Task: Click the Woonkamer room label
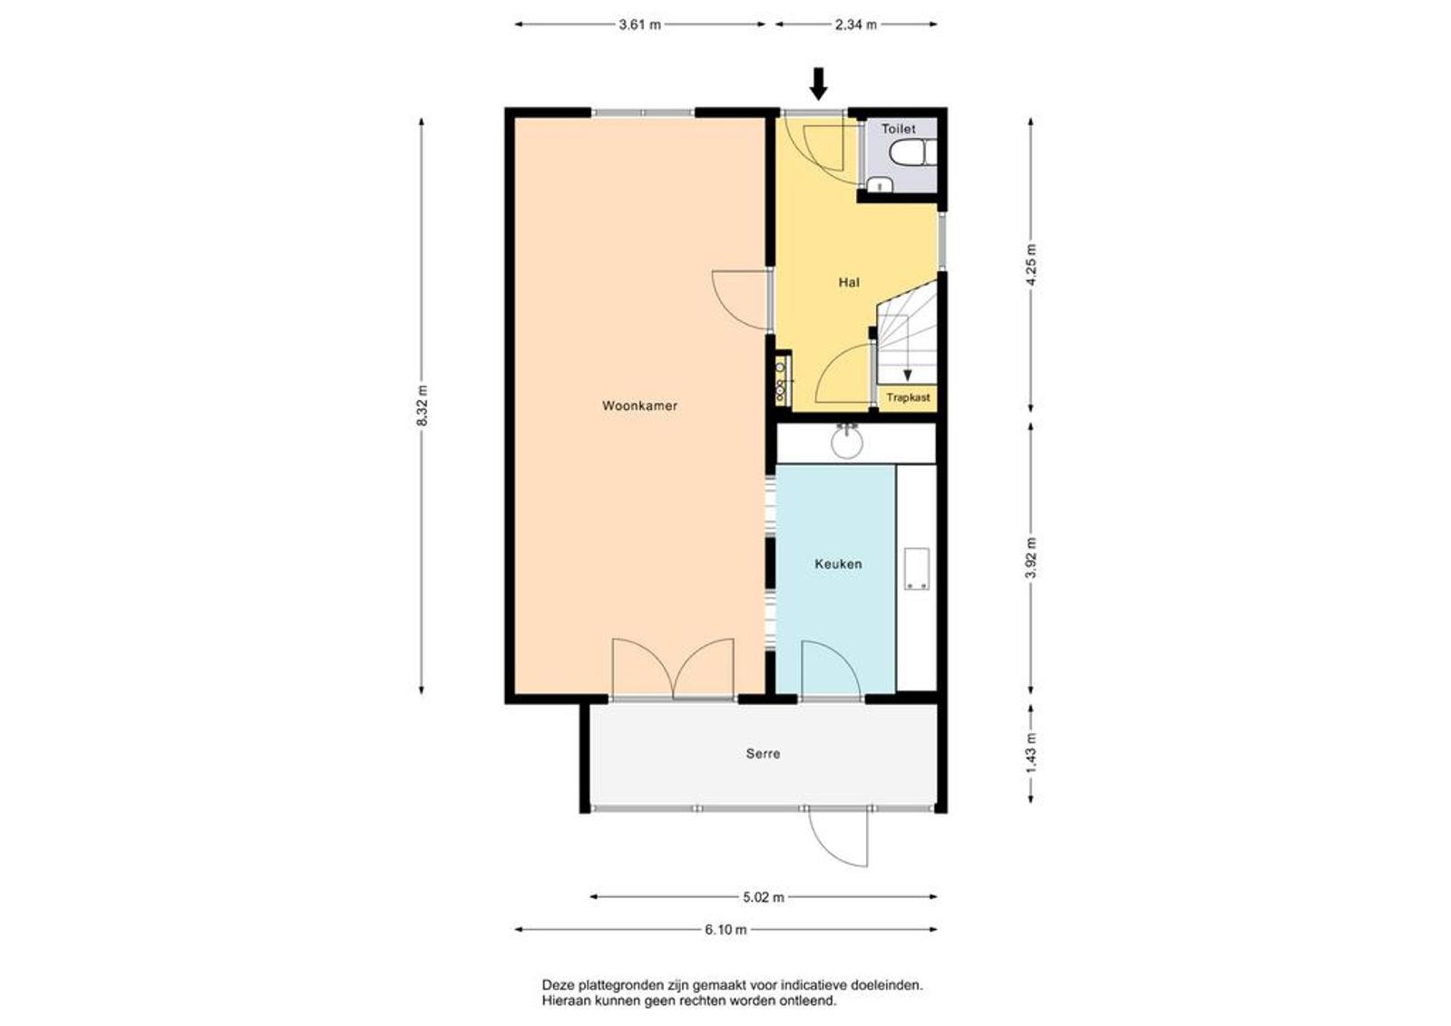pos(639,406)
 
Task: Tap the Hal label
pos(849,283)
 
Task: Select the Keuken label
pos(838,564)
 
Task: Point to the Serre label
pos(763,754)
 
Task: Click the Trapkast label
pos(908,397)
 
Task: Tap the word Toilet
pos(899,129)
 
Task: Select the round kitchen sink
pos(847,442)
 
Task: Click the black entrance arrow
pos(819,84)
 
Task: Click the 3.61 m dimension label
pos(640,25)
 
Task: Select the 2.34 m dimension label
pos(856,25)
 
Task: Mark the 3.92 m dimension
pos(1031,559)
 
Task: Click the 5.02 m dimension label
pos(763,898)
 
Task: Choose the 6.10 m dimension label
pos(725,930)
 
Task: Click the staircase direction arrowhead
pos(908,376)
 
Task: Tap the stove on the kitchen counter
pos(917,569)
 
